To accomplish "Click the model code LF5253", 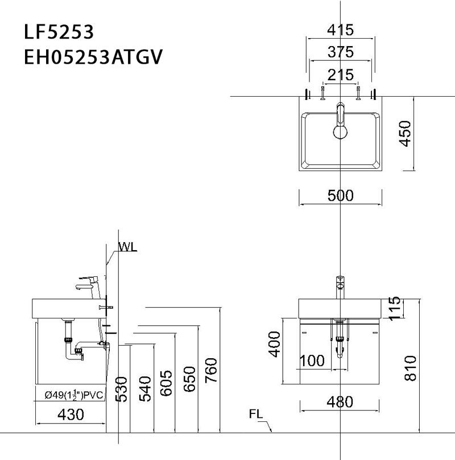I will [x=59, y=31].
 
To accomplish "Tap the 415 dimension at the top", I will [x=341, y=29].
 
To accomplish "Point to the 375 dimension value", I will [x=341, y=52].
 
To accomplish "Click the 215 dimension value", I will [x=341, y=74].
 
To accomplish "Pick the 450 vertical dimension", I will [x=405, y=134].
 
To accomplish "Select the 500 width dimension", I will [x=341, y=196].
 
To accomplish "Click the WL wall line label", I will [x=128, y=247].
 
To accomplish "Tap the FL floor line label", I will [x=257, y=414].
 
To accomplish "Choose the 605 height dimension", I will [x=166, y=383].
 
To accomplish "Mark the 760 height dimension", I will [x=210, y=370].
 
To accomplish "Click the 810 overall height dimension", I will [x=410, y=368].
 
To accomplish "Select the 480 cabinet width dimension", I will [x=341, y=402].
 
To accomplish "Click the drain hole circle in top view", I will [x=341, y=132].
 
